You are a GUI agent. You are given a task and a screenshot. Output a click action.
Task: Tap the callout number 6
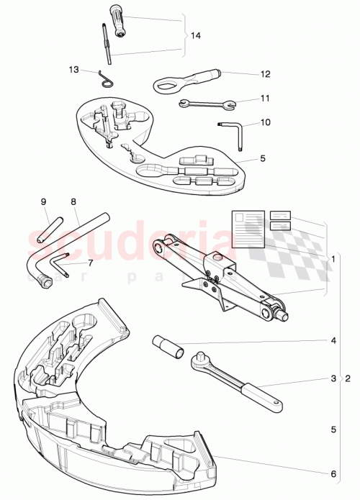click(333, 473)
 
